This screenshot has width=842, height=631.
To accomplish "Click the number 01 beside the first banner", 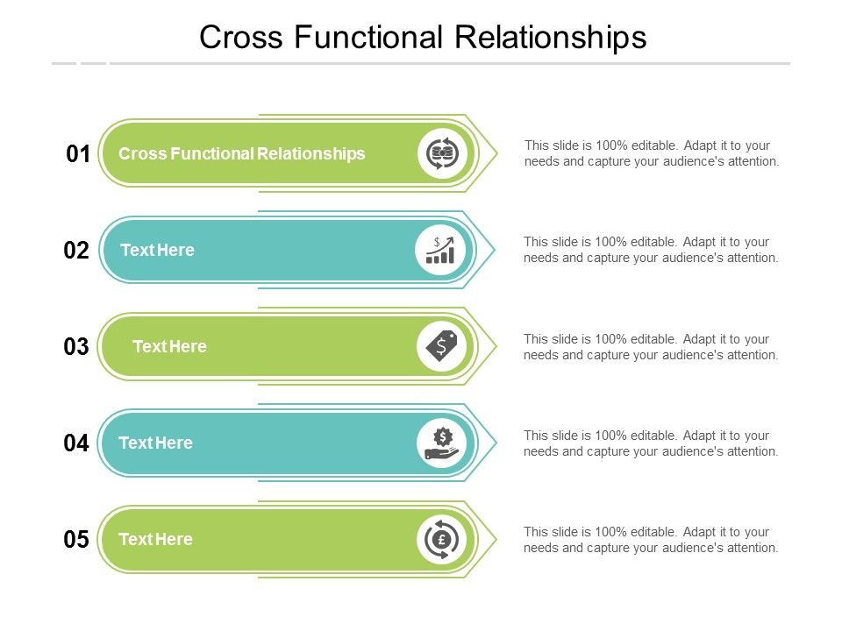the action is [78, 154].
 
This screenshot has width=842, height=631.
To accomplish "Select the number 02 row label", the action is [76, 251].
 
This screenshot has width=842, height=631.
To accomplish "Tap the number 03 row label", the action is [76, 347].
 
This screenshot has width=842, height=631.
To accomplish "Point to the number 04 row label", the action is [76, 443].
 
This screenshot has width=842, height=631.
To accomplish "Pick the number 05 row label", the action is [76, 539].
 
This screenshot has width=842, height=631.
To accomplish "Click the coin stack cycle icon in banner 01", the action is [442, 153].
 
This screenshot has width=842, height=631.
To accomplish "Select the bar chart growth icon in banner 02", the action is [440, 250].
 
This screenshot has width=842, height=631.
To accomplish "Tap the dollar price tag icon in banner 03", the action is [441, 346].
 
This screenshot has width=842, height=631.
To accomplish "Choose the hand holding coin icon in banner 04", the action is [442, 443].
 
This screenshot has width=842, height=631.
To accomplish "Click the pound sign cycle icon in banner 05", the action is [441, 539].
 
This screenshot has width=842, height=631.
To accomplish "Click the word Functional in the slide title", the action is [368, 37].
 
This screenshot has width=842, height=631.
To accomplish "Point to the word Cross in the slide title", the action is [241, 37].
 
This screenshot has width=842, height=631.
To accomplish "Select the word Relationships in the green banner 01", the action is [310, 154].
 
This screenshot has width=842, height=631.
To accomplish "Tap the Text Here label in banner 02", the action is [157, 250].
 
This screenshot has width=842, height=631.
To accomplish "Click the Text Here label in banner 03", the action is [169, 347].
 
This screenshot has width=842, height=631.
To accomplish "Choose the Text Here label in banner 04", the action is [156, 443].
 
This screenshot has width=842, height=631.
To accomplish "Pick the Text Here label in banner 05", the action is [156, 539].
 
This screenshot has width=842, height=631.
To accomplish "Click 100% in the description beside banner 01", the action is [611, 145].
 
